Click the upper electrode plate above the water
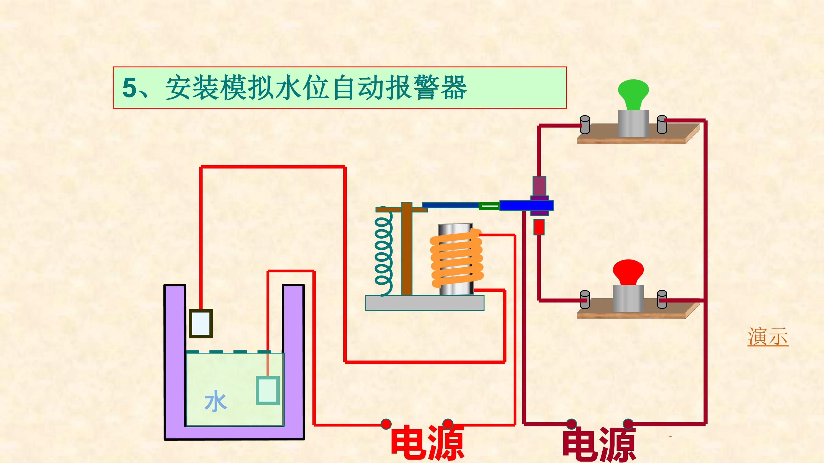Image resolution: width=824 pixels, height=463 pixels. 201,323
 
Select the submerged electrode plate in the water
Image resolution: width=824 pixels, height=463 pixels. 268,390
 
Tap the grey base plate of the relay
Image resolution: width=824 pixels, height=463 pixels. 425,303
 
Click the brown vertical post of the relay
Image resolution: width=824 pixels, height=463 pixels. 407,249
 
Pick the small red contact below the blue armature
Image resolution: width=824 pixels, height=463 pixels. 539,227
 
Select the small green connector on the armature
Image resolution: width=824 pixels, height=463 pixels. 489,206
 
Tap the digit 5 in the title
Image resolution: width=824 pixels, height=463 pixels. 130,87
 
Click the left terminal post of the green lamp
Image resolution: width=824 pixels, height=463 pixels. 585,125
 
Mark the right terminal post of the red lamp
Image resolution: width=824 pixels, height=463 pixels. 662,300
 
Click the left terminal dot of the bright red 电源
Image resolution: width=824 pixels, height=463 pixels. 386,424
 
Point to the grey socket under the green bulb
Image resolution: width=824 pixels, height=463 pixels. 633,124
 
